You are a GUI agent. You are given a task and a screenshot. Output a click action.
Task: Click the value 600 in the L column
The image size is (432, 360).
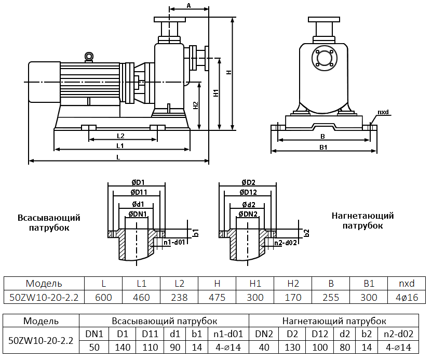click(x=104, y=297)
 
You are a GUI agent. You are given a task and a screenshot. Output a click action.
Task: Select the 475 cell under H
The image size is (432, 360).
click(x=217, y=297)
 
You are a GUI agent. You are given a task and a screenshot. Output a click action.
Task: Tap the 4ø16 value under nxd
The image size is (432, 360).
click(x=403, y=297)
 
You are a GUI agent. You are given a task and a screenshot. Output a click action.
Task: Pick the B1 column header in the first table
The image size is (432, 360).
click(x=369, y=284)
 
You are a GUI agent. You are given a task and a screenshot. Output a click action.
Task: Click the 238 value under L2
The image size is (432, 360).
click(x=179, y=297)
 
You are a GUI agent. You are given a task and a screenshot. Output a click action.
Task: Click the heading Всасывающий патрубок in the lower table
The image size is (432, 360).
click(x=164, y=321)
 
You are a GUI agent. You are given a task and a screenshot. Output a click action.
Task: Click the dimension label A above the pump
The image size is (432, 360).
click(x=189, y=6)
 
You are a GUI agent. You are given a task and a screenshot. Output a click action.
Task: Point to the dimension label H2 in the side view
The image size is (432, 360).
click(x=195, y=105)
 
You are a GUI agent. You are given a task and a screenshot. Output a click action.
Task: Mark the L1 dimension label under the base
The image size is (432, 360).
click(x=120, y=145)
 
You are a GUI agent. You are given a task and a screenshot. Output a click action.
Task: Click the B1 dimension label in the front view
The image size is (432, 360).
click(x=322, y=148)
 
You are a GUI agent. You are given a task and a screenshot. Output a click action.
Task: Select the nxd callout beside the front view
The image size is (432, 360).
click(x=383, y=112)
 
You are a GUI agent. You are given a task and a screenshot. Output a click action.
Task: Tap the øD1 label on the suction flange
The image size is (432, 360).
click(x=138, y=182)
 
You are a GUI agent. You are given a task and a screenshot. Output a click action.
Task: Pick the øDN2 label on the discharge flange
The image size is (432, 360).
click(x=248, y=214)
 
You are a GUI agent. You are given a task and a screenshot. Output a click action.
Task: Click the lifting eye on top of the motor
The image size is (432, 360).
click(x=89, y=56)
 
